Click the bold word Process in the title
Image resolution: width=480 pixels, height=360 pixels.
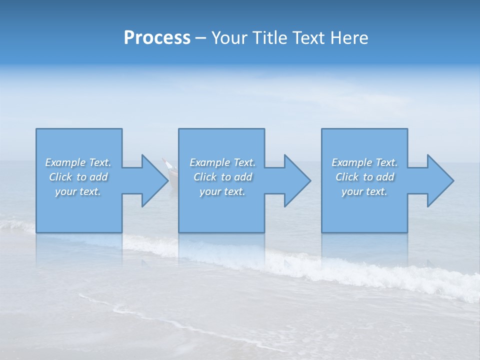157,38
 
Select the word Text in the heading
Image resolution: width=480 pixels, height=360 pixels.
308,38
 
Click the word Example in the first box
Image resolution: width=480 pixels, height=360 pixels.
65,162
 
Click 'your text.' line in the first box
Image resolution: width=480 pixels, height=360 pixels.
78,191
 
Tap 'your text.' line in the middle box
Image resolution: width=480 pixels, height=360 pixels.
222,191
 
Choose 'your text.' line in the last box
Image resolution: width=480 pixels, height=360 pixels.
364,191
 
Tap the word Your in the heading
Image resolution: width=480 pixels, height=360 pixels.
228,38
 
